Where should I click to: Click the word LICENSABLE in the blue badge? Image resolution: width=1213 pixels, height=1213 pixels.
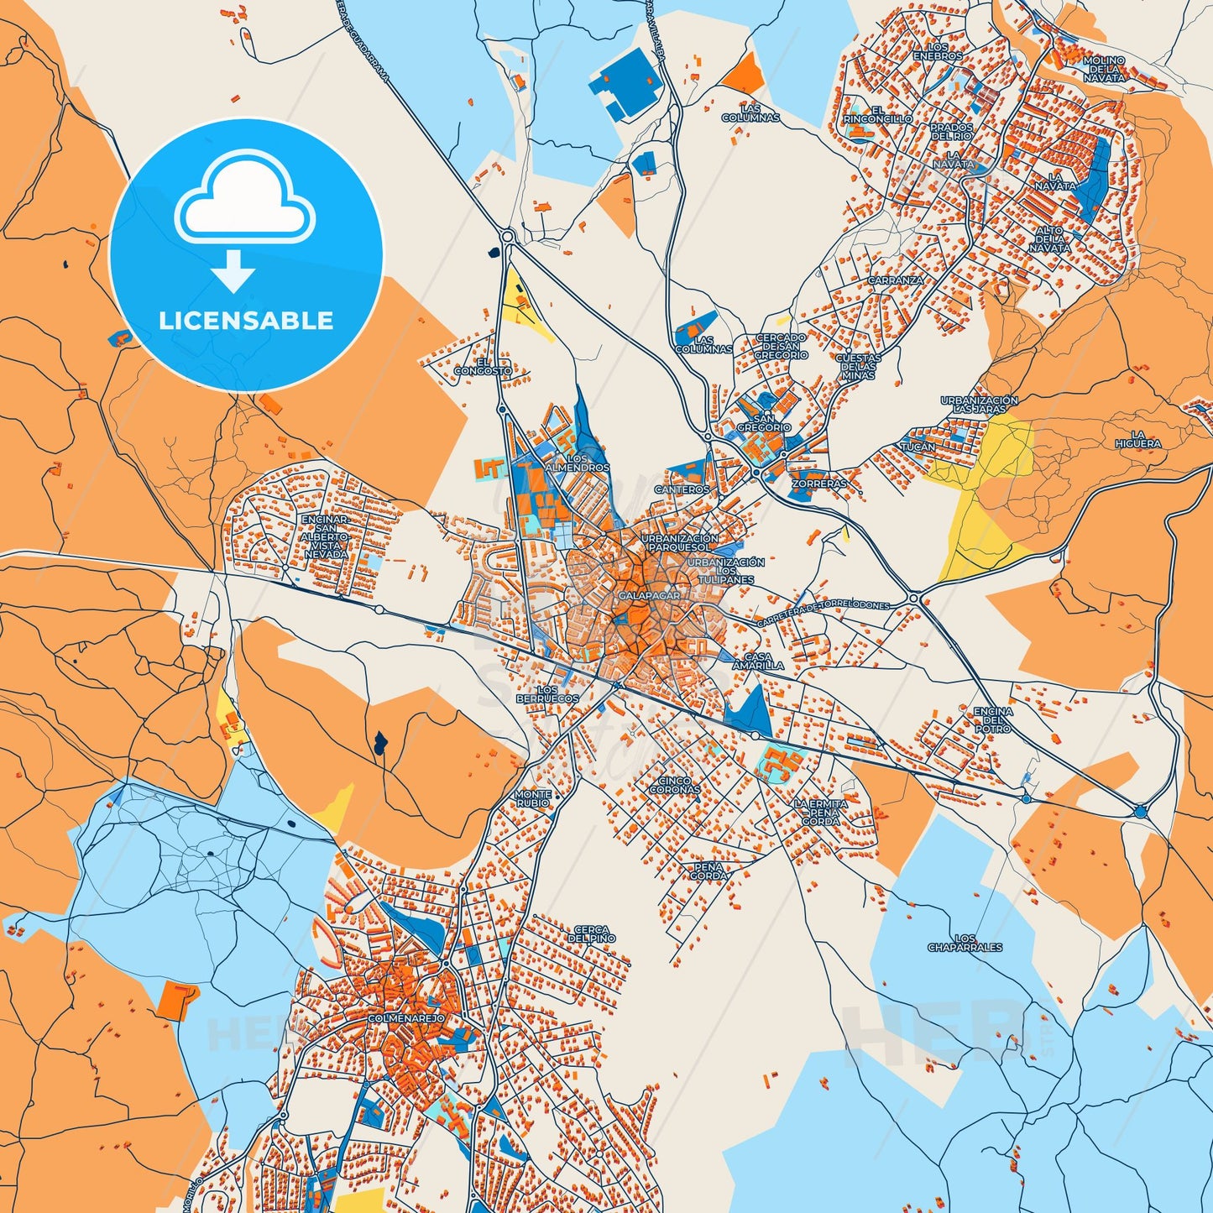[246, 321]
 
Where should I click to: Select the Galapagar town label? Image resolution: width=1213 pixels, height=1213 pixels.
[648, 595]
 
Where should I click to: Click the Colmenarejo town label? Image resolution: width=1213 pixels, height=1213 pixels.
[406, 1018]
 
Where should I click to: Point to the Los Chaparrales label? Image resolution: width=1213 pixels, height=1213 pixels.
[965, 943]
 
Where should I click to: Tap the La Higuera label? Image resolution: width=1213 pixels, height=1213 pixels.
[1137, 439]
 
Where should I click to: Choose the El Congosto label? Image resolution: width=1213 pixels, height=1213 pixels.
[482, 367]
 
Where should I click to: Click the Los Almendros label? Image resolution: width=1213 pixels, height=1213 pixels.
[577, 463]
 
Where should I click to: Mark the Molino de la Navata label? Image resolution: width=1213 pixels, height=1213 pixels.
[1103, 69]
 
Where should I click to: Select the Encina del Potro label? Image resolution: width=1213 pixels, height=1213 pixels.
[992, 720]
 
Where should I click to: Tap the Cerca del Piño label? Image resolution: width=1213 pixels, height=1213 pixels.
[592, 934]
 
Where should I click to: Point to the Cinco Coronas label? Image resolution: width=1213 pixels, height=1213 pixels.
[675, 786]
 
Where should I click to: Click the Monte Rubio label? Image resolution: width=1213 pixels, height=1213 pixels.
[533, 798]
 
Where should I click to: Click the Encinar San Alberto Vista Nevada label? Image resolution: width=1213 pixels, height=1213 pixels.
[324, 537]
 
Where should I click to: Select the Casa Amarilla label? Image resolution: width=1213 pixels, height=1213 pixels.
[758, 661]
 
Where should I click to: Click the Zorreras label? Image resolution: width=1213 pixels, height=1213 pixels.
[818, 484]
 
